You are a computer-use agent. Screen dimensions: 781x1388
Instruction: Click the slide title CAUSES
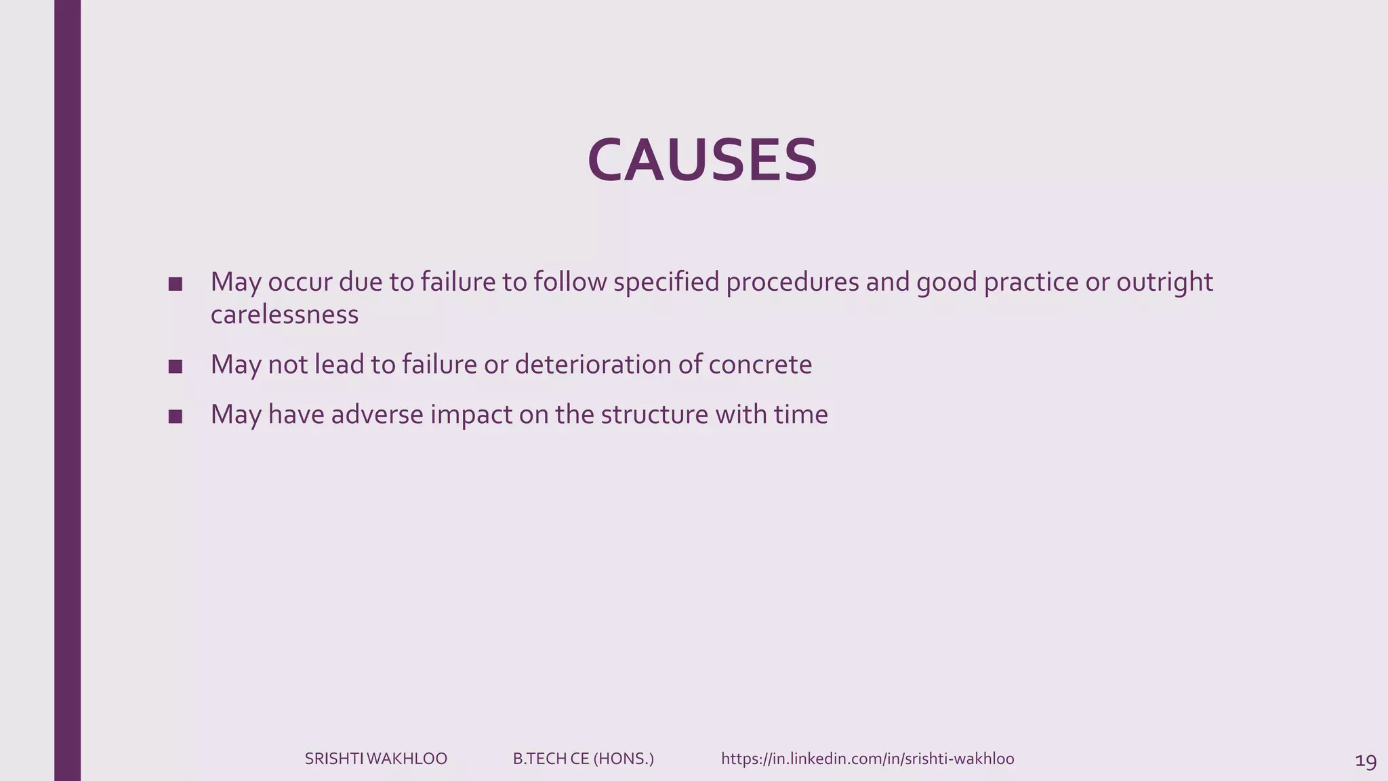pyautogui.click(x=702, y=161)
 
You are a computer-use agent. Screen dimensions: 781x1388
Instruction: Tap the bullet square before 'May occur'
pyautogui.click(x=176, y=284)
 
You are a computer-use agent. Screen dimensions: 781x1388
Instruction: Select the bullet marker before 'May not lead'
pyautogui.click(x=176, y=367)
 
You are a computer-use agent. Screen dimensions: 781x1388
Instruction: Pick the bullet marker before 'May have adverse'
pyautogui.click(x=176, y=416)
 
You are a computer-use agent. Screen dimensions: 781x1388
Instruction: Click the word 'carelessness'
pyautogui.click(x=284, y=315)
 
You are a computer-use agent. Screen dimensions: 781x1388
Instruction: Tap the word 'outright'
pyautogui.click(x=1164, y=282)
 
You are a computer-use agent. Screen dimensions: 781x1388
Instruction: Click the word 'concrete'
pyautogui.click(x=760, y=365)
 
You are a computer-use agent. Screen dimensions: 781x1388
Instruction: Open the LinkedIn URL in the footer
pyautogui.click(x=867, y=759)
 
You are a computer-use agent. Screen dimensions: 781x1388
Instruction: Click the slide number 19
pyautogui.click(x=1366, y=761)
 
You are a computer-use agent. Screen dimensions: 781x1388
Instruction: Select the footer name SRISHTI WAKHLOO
pyautogui.click(x=375, y=759)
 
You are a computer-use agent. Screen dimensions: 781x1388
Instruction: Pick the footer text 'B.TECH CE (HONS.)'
pyautogui.click(x=583, y=759)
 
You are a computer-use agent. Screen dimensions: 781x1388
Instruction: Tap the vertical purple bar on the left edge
pyautogui.click(x=67, y=390)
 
